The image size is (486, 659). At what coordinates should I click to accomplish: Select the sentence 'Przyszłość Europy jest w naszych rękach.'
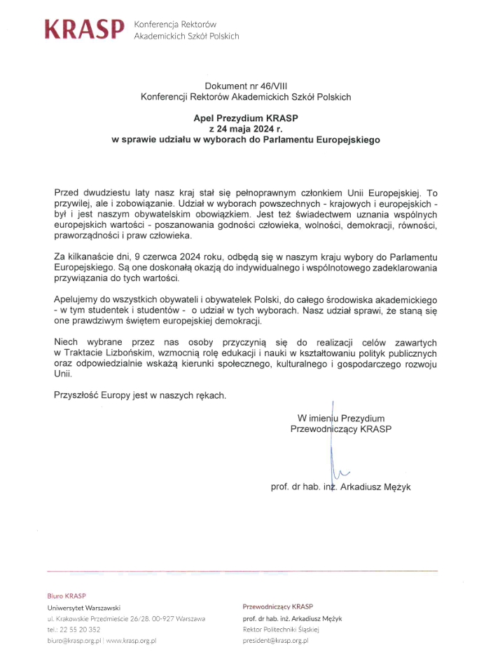[140, 395]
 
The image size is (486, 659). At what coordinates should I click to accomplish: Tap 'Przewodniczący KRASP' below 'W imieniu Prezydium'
[341, 429]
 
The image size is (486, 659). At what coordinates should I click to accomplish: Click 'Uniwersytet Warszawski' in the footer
[85, 607]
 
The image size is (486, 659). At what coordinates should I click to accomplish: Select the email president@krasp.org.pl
[275, 641]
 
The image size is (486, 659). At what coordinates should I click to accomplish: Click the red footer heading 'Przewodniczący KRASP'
[278, 606]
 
